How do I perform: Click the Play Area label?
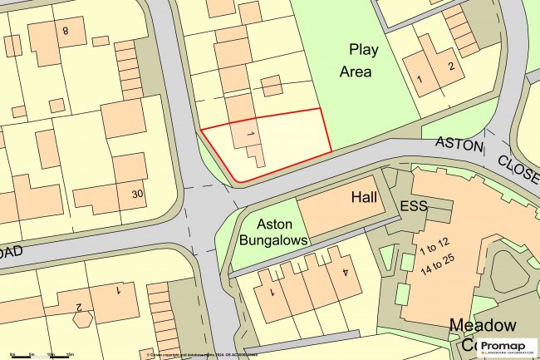click(x=359, y=60)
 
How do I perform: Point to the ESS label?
click(x=412, y=205)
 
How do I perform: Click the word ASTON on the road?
click(x=460, y=145)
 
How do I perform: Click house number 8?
click(x=64, y=32)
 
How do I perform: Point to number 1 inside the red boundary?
click(x=249, y=131)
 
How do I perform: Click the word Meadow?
click(x=483, y=324)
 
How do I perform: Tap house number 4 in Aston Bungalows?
click(x=345, y=271)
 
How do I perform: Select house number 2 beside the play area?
click(x=450, y=66)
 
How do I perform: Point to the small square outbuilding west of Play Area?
click(x=271, y=86)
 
